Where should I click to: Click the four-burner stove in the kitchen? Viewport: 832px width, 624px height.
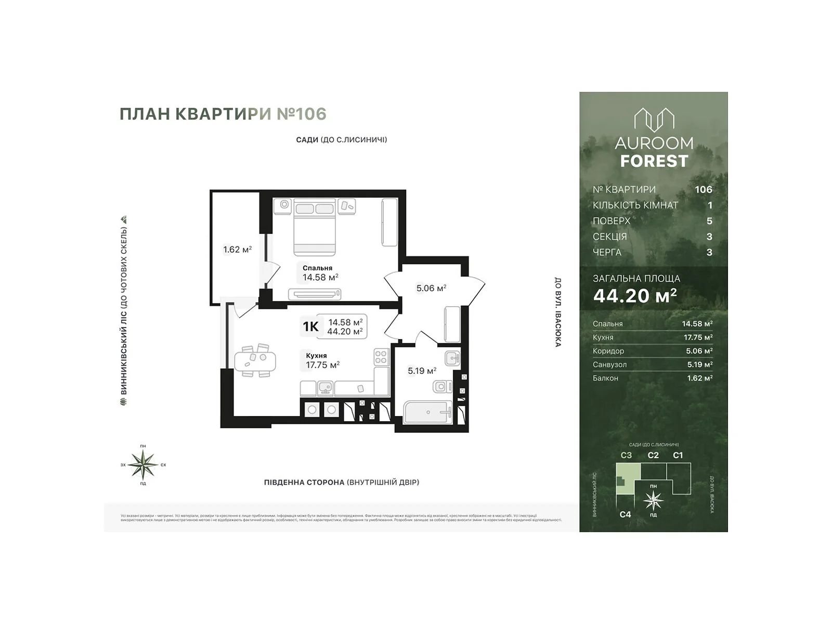381,357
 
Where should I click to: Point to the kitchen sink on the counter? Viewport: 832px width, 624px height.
326,387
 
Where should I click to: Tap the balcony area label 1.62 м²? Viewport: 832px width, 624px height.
237,250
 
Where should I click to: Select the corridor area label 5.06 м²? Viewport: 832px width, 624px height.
431,288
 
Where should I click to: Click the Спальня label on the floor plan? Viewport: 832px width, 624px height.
317,268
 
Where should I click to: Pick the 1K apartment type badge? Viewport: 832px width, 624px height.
310,327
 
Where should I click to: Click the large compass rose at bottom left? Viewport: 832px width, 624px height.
143,464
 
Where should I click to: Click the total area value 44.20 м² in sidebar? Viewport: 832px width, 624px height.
635,295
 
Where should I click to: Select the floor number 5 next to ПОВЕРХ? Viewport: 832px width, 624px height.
709,221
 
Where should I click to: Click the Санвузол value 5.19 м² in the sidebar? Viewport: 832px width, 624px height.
699,365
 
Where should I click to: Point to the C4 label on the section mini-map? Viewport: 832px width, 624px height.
625,514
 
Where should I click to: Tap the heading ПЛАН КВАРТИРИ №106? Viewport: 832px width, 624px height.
223,114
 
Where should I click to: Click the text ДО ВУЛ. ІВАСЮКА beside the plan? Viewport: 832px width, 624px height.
558,312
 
